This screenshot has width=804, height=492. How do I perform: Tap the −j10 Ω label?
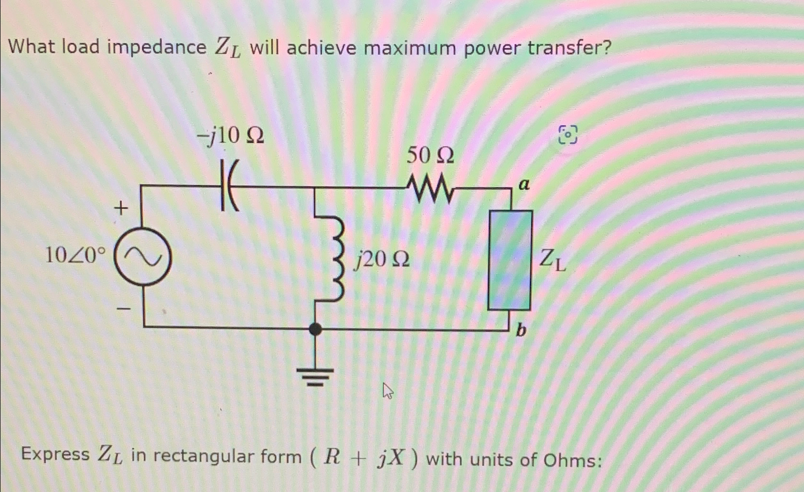pyautogui.click(x=230, y=136)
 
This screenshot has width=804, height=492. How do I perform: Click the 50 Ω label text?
pyautogui.click(x=430, y=155)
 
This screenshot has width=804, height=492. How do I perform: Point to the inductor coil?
pyautogui.click(x=335, y=258)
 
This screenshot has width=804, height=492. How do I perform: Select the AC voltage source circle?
pyautogui.click(x=142, y=258)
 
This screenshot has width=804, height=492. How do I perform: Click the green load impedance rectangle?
pyautogui.click(x=510, y=260)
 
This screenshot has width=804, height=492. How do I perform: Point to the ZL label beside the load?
pyautogui.click(x=552, y=260)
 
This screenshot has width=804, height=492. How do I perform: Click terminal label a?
pyautogui.click(x=524, y=184)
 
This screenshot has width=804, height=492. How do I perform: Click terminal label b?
pyautogui.click(x=521, y=330)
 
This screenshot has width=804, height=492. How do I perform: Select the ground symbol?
pyautogui.click(x=315, y=375)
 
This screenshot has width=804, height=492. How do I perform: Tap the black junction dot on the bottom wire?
pyautogui.click(x=315, y=329)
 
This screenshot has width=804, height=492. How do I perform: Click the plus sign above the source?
pyautogui.click(x=121, y=208)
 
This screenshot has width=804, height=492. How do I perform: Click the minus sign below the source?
pyautogui.click(x=123, y=310)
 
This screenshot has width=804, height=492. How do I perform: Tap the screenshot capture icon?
pyautogui.click(x=568, y=135)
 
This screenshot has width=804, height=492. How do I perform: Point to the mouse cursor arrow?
pyautogui.click(x=388, y=392)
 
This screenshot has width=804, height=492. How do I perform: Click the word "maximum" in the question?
pyautogui.click(x=411, y=48)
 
